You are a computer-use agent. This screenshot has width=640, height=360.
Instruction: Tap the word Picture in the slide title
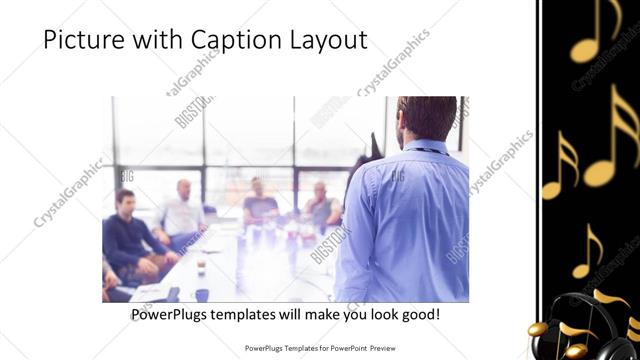[85, 40]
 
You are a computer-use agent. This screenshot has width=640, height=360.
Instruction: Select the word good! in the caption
[418, 314]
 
